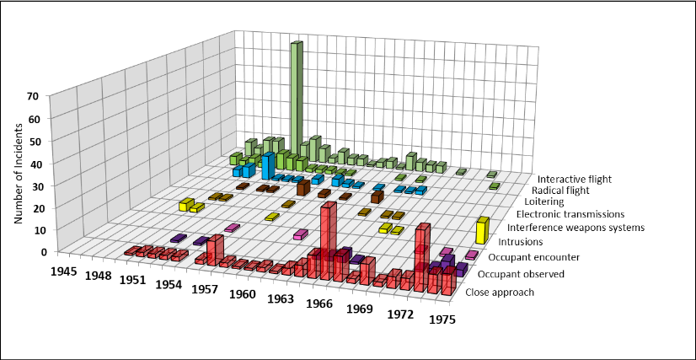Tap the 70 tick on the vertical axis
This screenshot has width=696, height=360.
coord(34,96)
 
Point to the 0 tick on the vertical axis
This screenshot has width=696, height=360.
coord(34,251)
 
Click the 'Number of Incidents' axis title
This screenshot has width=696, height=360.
coord(18,174)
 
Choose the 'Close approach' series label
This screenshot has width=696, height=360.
coord(500,293)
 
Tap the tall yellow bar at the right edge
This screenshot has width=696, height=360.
coord(481,230)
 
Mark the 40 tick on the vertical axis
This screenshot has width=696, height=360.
coord(34,163)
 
